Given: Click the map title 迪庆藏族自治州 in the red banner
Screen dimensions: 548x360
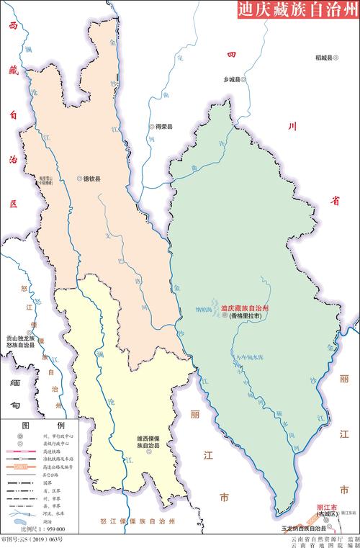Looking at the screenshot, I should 298,10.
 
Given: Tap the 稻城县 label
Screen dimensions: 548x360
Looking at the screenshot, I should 326,57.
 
